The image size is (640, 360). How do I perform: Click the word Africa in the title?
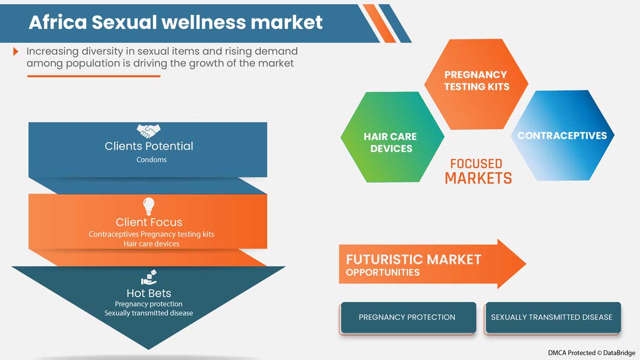tap(58, 22)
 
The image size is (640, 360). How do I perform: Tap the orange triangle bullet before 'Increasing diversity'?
tap(15, 51)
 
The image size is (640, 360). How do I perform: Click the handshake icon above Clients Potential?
tap(149, 131)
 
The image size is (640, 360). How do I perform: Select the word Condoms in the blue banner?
tap(151, 159)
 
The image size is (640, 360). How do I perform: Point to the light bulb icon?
tap(149, 206)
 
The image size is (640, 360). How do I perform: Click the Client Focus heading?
tap(149, 222)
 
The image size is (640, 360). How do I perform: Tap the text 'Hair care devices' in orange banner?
tap(151, 244)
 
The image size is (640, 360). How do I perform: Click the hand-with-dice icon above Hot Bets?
tap(149, 277)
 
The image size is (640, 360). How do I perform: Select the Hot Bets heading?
tap(149, 293)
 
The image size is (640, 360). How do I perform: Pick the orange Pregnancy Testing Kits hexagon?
tap(476, 84)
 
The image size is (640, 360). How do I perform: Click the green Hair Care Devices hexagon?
tap(393, 137)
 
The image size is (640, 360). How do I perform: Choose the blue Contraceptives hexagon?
tap(562, 135)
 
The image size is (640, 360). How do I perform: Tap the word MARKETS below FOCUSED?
tap(478, 178)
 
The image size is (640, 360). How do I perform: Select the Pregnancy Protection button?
tap(407, 318)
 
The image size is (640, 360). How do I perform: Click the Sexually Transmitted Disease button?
tap(552, 318)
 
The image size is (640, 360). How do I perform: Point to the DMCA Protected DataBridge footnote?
tap(591, 353)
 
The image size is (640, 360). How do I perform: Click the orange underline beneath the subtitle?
tap(94, 76)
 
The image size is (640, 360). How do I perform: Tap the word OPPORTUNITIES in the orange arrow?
tap(383, 273)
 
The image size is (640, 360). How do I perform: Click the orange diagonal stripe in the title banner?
tap(379, 23)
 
